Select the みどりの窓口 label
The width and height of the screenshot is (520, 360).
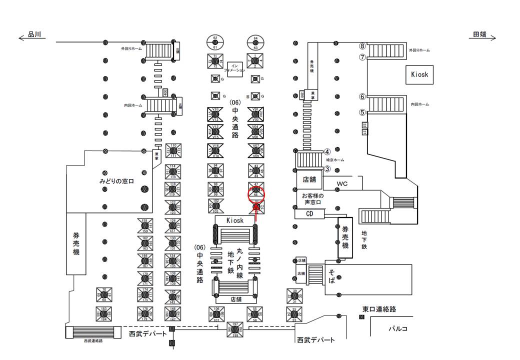coord(116,180)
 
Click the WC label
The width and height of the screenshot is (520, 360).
coord(341,184)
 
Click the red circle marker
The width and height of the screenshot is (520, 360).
coord(256,194)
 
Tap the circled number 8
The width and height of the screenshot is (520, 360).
coord(363,46)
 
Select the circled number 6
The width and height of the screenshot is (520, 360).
coord(362,96)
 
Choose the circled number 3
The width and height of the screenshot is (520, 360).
coord(327,168)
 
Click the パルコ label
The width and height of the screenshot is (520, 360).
coord(398,328)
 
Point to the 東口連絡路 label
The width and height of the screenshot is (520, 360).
coord(379,309)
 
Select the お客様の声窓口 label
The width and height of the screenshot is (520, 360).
coord(313,198)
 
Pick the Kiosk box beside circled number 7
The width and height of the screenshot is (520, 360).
coord(419,74)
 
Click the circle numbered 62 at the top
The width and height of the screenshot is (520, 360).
coord(215,40)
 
